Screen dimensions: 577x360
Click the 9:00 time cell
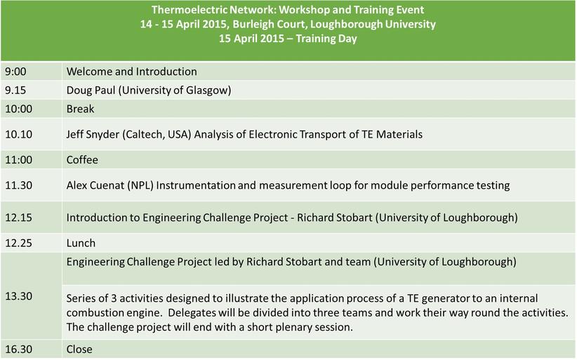tap(32, 72)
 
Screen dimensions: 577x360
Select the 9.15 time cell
tap(32, 90)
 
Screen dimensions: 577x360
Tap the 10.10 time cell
tap(32, 134)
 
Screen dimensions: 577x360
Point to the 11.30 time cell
tap(32, 185)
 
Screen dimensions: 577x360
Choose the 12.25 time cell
tap(32, 243)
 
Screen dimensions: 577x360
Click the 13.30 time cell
tap(32, 296)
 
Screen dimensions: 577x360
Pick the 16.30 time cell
tap(32, 349)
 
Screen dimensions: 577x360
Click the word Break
tap(80, 109)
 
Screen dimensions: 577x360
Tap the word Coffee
tap(82, 159)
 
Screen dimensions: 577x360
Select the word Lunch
tap(81, 243)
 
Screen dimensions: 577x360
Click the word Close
tap(79, 349)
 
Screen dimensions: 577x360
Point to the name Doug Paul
tap(91, 91)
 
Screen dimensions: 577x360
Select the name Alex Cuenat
tap(95, 185)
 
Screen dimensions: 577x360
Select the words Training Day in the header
tap(326, 39)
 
